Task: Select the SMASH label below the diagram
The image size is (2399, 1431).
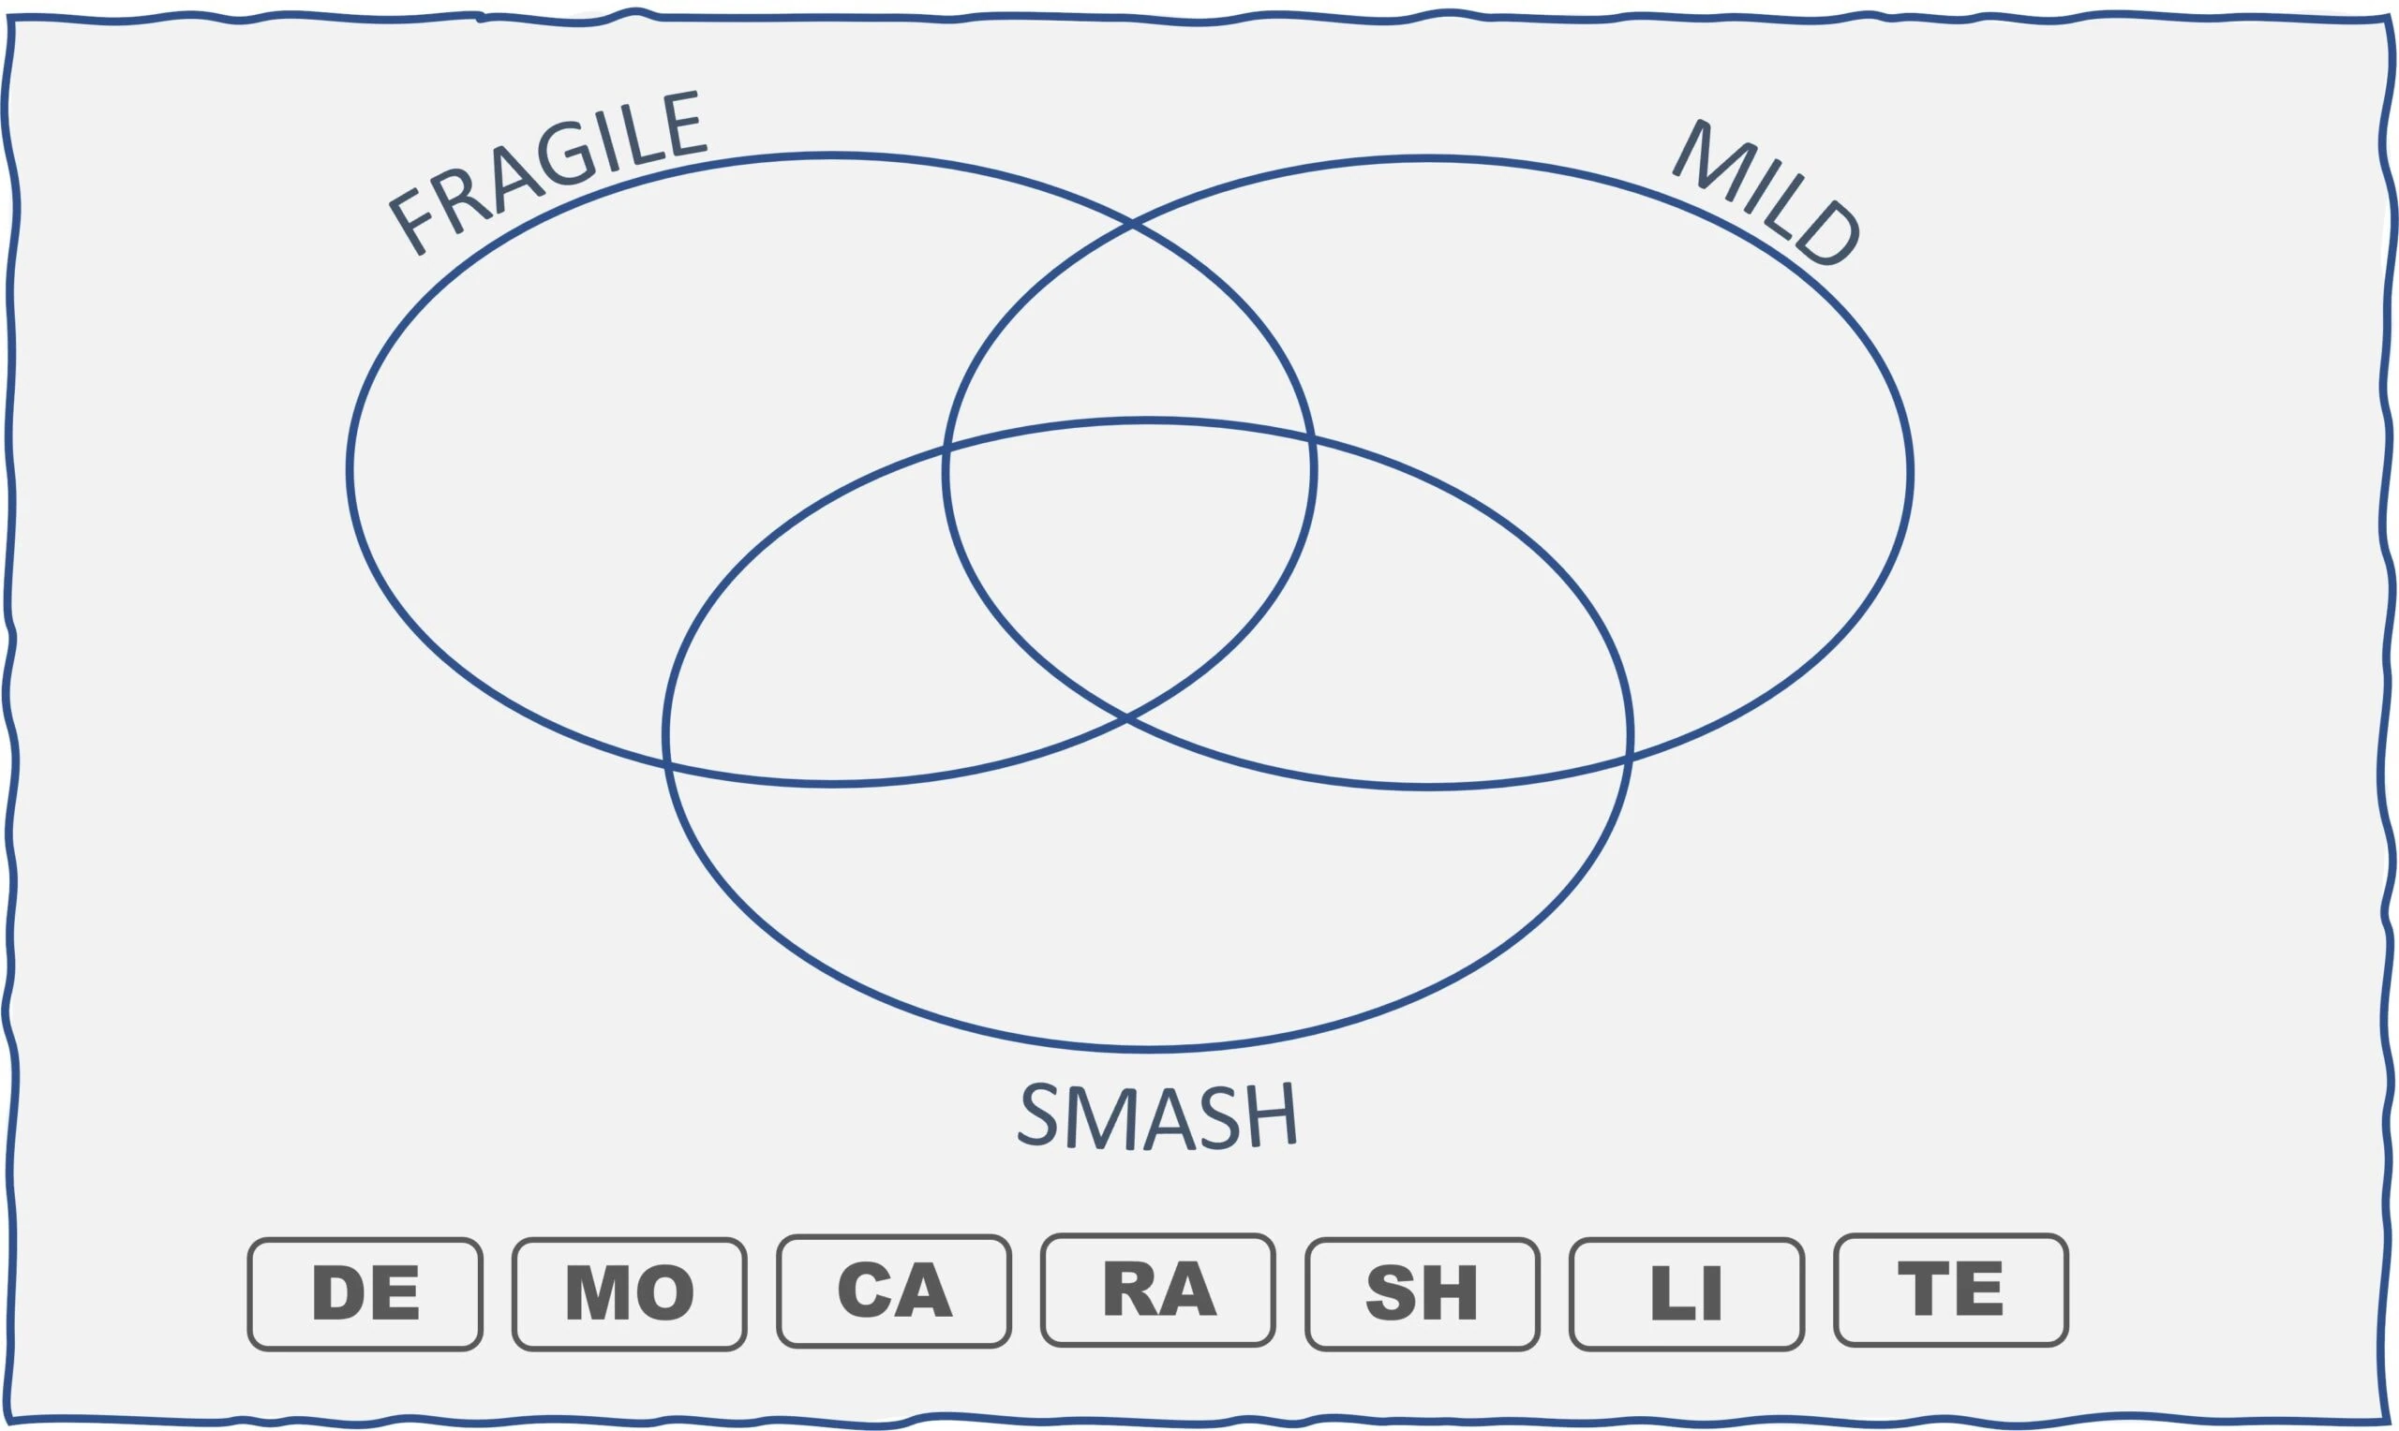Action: tap(1156, 1115)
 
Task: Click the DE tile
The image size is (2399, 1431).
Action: tap(365, 1293)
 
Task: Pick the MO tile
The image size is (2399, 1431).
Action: tap(630, 1293)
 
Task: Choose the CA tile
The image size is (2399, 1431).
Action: tap(894, 1291)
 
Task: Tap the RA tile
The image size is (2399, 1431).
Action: tap(1158, 1290)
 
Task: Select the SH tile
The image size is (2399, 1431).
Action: tap(1423, 1293)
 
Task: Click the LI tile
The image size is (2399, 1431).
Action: tap(1687, 1293)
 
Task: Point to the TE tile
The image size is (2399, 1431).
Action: tap(1951, 1290)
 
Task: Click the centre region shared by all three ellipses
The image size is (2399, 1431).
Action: tap(1128, 559)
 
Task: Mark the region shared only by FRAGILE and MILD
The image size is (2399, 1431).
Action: tap(1129, 328)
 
